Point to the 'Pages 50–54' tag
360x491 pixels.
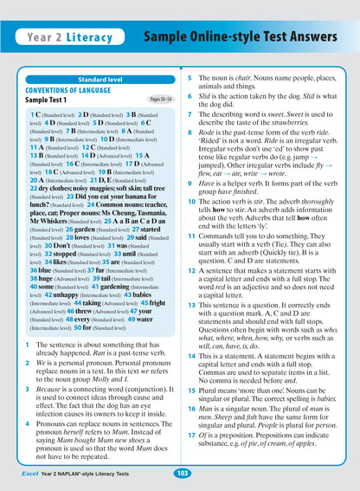(159, 100)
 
